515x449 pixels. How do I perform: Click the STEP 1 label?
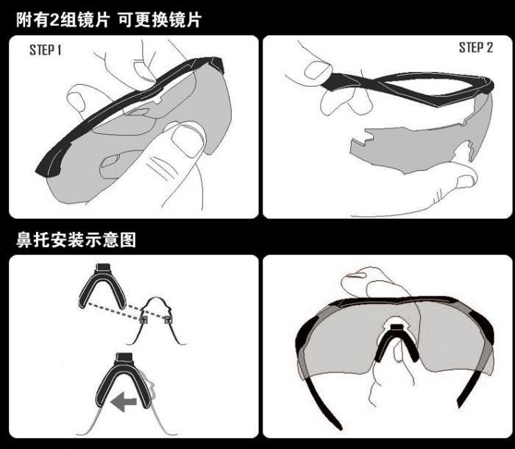46,50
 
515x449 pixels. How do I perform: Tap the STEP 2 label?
476,48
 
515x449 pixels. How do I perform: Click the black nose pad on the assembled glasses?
397,344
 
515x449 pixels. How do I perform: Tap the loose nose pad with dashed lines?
102,288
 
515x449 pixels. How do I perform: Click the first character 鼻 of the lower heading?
24,240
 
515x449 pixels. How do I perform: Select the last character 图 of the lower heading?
128,240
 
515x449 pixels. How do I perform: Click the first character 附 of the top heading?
24,20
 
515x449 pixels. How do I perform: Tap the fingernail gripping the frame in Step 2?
316,70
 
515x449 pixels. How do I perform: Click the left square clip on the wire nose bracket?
143,319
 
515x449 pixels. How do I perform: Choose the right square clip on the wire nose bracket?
168,319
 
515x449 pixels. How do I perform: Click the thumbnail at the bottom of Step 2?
466,181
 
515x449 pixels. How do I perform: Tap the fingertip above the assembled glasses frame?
355,275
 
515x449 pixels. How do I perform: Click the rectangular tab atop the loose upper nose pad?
102,267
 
